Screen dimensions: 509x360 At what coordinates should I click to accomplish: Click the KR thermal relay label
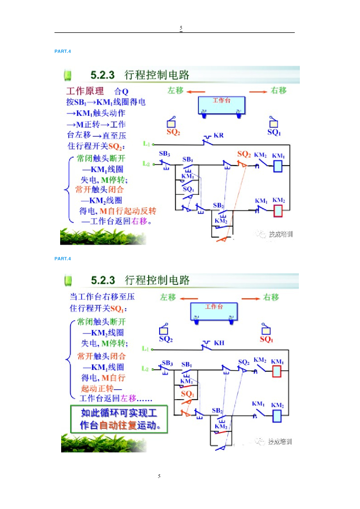pyautogui.click(x=219, y=135)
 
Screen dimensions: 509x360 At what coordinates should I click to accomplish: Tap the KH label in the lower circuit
pyautogui.click(x=219, y=343)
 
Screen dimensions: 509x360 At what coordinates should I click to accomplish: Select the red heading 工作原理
pyautogui.click(x=85, y=91)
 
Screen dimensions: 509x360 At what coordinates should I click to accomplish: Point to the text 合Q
pyautogui.click(x=121, y=91)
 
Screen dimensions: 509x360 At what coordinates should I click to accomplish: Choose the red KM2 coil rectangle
pyautogui.click(x=278, y=211)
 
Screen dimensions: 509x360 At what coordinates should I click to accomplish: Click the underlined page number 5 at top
pyautogui.click(x=181, y=28)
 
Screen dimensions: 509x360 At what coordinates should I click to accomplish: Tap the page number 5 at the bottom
pyautogui.click(x=159, y=476)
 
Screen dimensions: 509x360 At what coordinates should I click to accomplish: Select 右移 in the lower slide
pyautogui.click(x=271, y=297)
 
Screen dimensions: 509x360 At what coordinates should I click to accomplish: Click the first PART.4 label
pyautogui.click(x=63, y=51)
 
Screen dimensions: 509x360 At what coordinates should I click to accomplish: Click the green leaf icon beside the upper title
pyautogui.click(x=68, y=76)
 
